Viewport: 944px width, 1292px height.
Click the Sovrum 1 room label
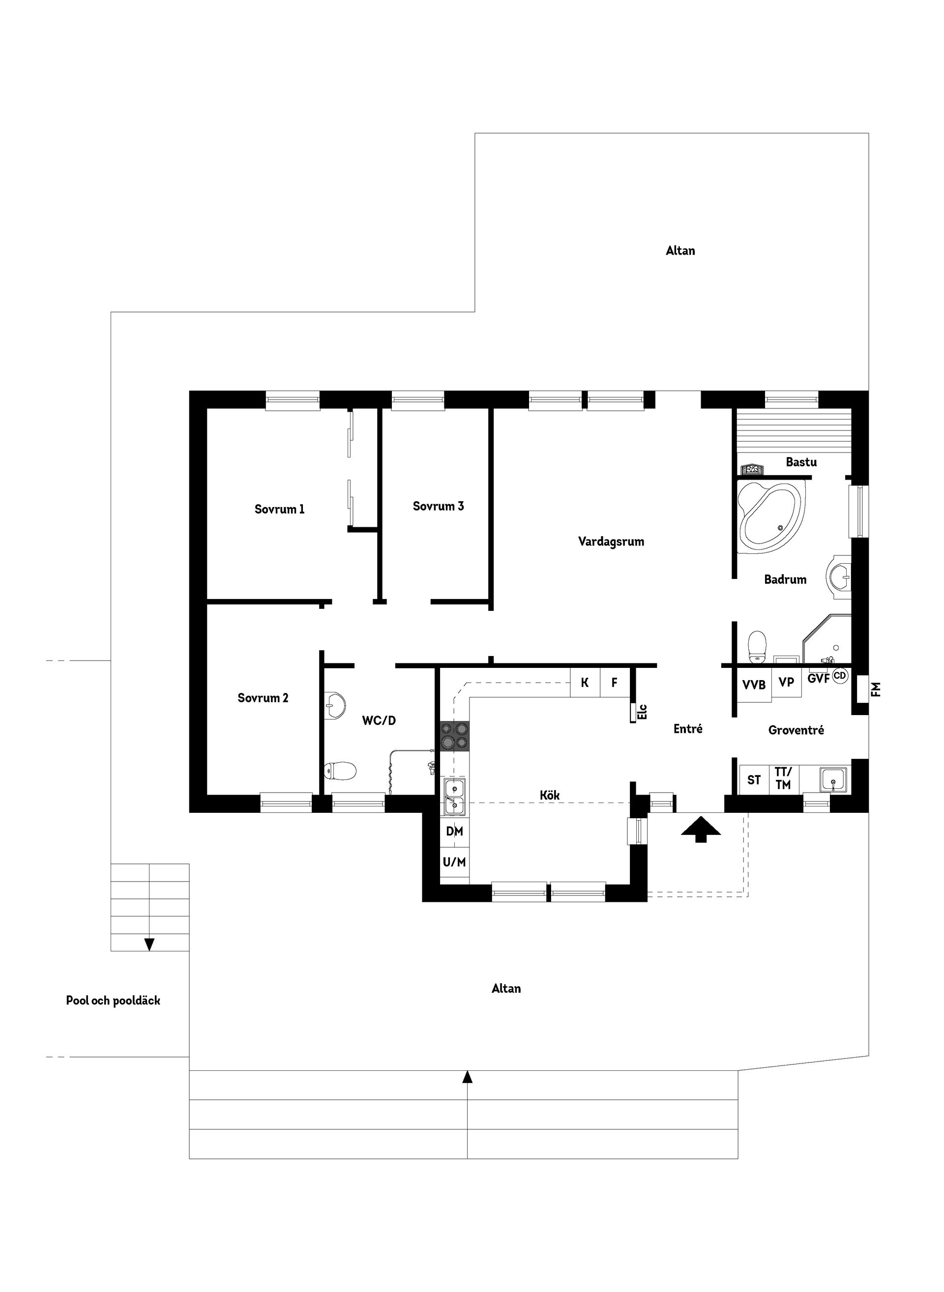(279, 509)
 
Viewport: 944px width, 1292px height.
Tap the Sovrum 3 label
(438, 506)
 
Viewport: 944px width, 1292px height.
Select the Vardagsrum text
(611, 542)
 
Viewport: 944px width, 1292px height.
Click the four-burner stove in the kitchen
(455, 736)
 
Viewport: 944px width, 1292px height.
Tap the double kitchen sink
(455, 796)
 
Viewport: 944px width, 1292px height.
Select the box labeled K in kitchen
(585, 683)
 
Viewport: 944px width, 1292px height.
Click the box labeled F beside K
(614, 683)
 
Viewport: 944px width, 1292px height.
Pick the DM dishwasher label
(454, 832)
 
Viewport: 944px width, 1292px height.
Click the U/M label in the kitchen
(454, 862)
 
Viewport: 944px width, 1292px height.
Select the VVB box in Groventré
(754, 684)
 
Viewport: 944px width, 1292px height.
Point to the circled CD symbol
(839, 676)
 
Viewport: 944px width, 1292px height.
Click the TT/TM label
(783, 779)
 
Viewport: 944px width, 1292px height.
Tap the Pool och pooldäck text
(113, 1001)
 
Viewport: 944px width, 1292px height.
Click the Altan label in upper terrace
(680, 251)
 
